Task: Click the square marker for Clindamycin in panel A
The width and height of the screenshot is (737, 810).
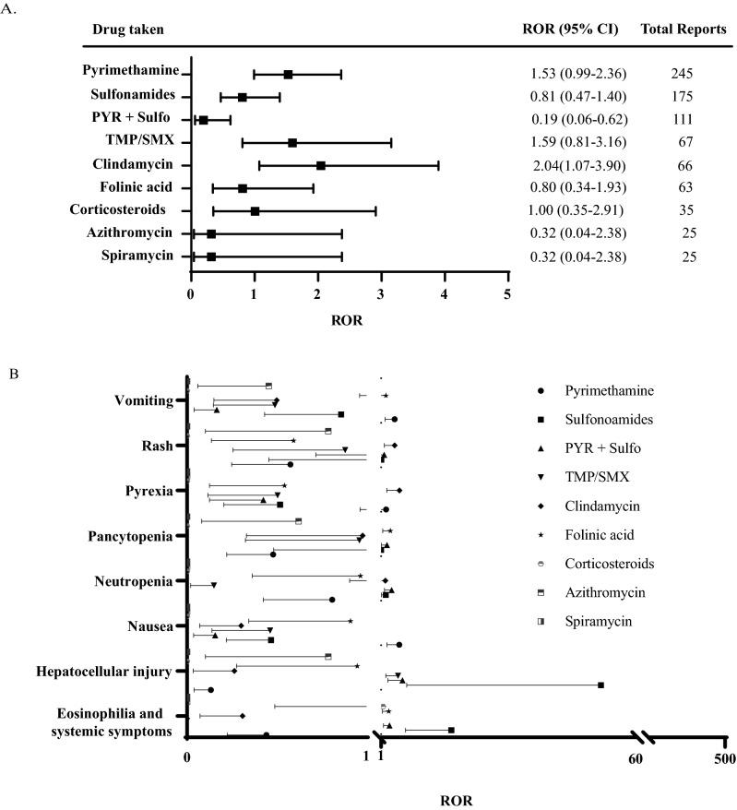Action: [x=320, y=165]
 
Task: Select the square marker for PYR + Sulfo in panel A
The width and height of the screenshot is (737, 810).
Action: [x=203, y=120]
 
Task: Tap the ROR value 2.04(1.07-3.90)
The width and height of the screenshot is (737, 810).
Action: [x=574, y=165]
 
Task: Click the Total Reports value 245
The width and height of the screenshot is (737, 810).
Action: [x=681, y=74]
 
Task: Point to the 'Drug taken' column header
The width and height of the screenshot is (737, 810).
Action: [x=128, y=30]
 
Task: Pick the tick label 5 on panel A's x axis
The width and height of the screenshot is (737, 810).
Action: [x=507, y=294]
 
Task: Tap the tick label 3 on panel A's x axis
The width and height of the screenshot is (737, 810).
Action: [x=381, y=294]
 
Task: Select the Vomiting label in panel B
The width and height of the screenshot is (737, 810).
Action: [x=143, y=400]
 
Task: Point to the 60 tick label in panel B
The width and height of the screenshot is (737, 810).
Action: [x=635, y=758]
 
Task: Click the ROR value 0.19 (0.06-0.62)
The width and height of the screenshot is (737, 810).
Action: [x=574, y=120]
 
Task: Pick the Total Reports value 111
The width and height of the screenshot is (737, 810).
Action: [x=681, y=120]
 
